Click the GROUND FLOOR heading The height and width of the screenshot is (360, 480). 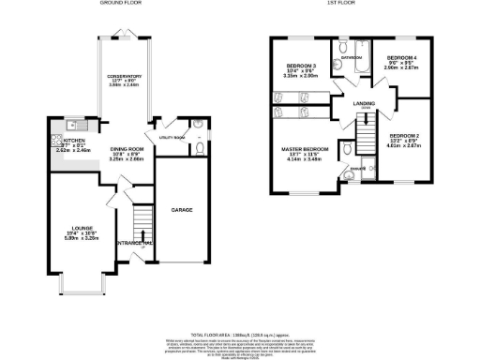pyautogui.click(x=120, y=5)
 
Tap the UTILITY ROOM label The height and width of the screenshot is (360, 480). pyautogui.click(x=172, y=138)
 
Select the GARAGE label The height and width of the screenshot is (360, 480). pyautogui.click(x=182, y=210)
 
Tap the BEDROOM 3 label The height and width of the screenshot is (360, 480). pyautogui.click(x=300, y=66)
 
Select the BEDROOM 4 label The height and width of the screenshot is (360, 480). pyautogui.click(x=403, y=57)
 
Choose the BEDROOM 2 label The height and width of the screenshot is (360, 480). pyautogui.click(x=403, y=136)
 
